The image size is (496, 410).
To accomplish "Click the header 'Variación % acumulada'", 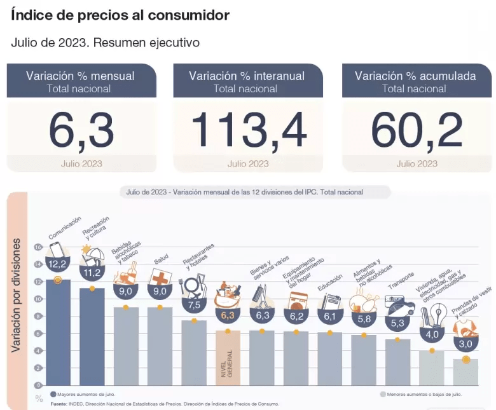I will [x=415, y=76].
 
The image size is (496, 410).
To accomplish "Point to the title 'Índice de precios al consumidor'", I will [x=120, y=15].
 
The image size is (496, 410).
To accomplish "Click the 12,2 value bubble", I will [x=57, y=264].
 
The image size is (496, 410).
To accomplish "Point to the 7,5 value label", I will [x=194, y=304].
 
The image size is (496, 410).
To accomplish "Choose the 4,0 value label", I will [x=432, y=334].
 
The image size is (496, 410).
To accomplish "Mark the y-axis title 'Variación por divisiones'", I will [x=17, y=296].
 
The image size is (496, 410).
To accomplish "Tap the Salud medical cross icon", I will [x=160, y=277].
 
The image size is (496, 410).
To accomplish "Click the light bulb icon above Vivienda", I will [x=437, y=314].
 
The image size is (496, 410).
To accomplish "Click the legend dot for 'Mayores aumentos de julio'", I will [x=53, y=394].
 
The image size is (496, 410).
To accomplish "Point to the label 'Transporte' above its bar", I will [x=401, y=280].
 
